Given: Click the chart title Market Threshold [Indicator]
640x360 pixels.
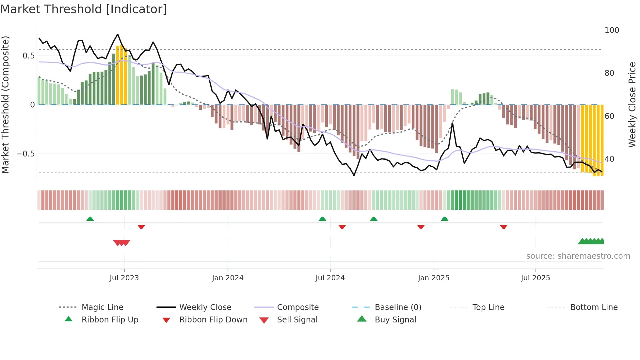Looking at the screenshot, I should click(x=84, y=9).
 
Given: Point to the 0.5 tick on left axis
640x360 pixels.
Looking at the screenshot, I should click(x=28, y=56).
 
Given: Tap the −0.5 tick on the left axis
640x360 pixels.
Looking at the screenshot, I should click(x=26, y=154).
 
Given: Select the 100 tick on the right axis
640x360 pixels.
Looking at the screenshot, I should click(x=612, y=30).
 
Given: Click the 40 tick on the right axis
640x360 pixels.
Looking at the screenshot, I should click(x=609, y=159).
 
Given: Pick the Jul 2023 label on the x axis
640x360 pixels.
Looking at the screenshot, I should click(x=124, y=278).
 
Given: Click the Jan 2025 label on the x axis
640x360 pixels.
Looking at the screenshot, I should click(x=433, y=278).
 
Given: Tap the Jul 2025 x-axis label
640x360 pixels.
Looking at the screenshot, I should click(x=535, y=278).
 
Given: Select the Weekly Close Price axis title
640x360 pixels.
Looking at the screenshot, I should click(x=632, y=105).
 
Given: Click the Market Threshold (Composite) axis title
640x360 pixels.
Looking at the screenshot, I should click(x=5, y=105).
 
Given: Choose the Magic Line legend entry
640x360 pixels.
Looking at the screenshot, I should click(x=102, y=307).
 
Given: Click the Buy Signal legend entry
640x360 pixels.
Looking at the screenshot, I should click(x=395, y=320).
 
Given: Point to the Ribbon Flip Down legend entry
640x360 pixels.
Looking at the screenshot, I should click(x=213, y=320).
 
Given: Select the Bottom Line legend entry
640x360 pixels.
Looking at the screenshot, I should click(x=594, y=307).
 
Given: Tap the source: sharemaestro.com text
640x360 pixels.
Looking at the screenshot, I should click(x=578, y=256).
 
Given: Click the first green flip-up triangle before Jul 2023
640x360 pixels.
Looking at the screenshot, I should click(x=90, y=219).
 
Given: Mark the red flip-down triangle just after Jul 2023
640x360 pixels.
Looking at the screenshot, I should click(x=141, y=227).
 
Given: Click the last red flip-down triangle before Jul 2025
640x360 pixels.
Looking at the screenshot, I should click(x=504, y=227).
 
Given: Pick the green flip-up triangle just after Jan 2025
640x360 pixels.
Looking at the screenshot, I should click(x=444, y=219).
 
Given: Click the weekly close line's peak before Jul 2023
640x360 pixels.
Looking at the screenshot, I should click(x=118, y=34).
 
